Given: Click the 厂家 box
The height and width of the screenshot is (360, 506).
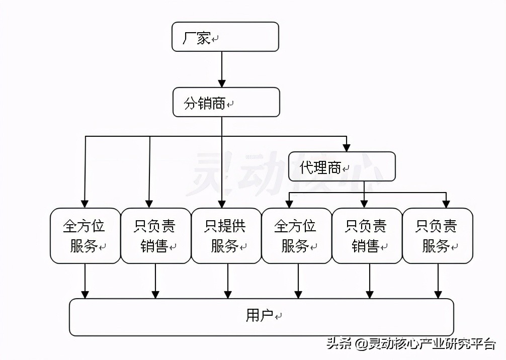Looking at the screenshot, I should tap(225, 37).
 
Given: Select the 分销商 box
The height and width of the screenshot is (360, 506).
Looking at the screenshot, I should tap(226, 102).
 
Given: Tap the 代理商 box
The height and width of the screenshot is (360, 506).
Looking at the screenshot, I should tap(342, 167).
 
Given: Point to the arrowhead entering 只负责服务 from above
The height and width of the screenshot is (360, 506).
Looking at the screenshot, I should tap(446, 203).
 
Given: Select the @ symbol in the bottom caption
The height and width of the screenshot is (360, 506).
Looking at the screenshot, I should tap(360, 344).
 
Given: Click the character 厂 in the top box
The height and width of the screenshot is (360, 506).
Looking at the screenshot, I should tap(189, 38).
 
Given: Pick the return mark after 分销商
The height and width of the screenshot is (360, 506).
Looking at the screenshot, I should tap(230, 105).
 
